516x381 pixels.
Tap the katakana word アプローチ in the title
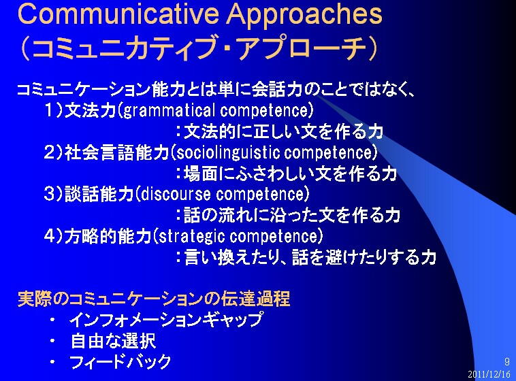pos(302,48)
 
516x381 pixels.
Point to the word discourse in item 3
pos(176,194)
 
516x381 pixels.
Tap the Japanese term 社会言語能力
pos(116,152)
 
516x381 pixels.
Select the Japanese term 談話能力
pos(99,194)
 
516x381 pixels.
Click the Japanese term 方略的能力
pos(108,236)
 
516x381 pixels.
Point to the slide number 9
pos(506,361)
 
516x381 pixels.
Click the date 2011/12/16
pos(489,374)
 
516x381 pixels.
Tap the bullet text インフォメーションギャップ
pos(166,320)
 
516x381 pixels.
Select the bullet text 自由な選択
pos(113,341)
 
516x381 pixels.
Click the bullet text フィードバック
pos(120,362)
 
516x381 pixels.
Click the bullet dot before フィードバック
pos(52,362)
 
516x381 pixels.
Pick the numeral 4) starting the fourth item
pos(53,236)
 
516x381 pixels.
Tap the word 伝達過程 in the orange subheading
pos(255,299)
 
